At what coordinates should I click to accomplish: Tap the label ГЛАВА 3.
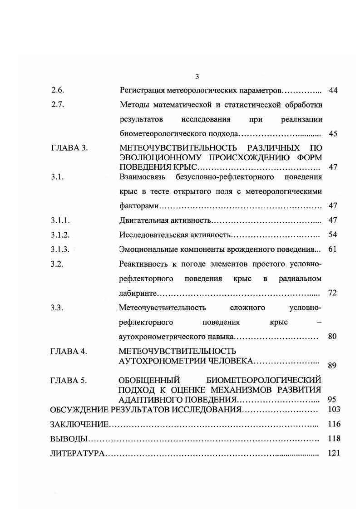click(69, 148)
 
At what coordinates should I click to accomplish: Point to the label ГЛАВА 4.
click(69, 351)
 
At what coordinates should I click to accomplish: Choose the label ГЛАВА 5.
click(69, 380)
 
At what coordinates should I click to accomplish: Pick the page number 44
click(333, 90)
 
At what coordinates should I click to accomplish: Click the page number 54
click(332, 235)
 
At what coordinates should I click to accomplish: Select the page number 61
click(332, 250)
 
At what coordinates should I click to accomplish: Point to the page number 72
click(332, 293)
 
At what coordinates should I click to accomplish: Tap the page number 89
click(332, 366)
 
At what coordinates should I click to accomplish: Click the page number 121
click(333, 453)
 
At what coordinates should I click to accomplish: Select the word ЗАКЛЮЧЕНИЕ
click(79, 424)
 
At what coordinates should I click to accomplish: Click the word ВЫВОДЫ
click(68, 439)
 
